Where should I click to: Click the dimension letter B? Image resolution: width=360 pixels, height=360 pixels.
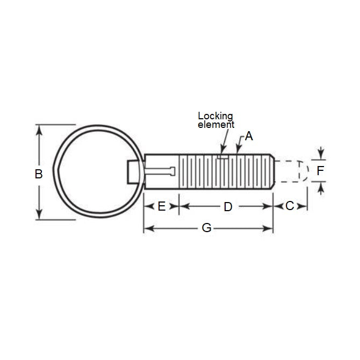click(38, 174)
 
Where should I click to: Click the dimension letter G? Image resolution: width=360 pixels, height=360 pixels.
click(206, 228)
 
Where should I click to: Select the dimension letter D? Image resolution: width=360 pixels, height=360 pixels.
click(227, 206)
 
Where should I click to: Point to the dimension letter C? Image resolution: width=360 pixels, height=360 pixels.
click(290, 206)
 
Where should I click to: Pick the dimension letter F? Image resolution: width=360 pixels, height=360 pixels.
click(320, 171)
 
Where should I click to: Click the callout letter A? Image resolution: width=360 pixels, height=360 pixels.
click(248, 136)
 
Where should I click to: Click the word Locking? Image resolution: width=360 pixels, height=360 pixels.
click(215, 116)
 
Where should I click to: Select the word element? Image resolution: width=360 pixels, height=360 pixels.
click(216, 124)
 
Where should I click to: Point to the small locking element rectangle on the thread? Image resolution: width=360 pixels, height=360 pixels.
click(223, 157)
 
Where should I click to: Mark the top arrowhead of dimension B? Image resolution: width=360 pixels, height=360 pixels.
click(38, 128)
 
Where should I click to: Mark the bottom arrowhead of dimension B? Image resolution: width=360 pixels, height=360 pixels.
click(38, 217)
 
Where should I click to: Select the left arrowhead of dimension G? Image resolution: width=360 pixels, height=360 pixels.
click(147, 228)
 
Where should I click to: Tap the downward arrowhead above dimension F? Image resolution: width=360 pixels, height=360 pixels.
click(321, 156)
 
